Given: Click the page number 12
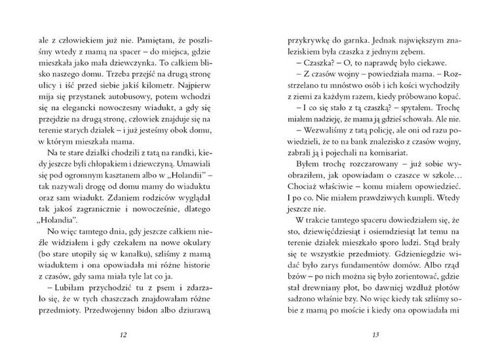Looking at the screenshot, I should (123, 336).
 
